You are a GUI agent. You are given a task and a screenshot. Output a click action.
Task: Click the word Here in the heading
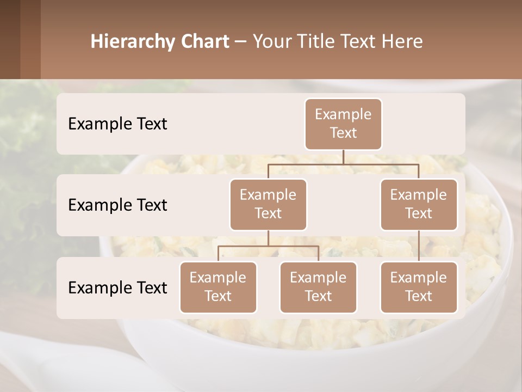pyautogui.click(x=401, y=42)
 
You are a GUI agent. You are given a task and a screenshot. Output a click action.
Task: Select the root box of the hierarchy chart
pyautogui.click(x=343, y=124)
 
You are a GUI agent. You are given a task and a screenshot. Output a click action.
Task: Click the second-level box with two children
pyautogui.click(x=268, y=204)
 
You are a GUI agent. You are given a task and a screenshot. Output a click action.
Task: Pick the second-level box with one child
pyautogui.click(x=419, y=204)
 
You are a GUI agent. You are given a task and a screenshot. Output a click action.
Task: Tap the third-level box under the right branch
pyautogui.click(x=419, y=287)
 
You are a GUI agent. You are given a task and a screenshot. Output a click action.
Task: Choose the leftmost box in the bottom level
pyautogui.click(x=218, y=287)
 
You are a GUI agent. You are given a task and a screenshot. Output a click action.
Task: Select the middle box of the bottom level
pyautogui.click(x=318, y=287)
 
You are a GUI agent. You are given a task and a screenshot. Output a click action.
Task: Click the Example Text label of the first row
pyautogui.click(x=117, y=124)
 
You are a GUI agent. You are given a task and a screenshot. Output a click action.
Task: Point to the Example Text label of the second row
pyautogui.click(x=117, y=205)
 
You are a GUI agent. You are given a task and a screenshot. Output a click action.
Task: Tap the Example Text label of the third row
pyautogui.click(x=117, y=287)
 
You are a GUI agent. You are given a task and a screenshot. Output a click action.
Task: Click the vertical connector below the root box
pyautogui.click(x=343, y=157)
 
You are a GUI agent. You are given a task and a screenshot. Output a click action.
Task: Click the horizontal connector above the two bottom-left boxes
pyautogui.click(x=268, y=246)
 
